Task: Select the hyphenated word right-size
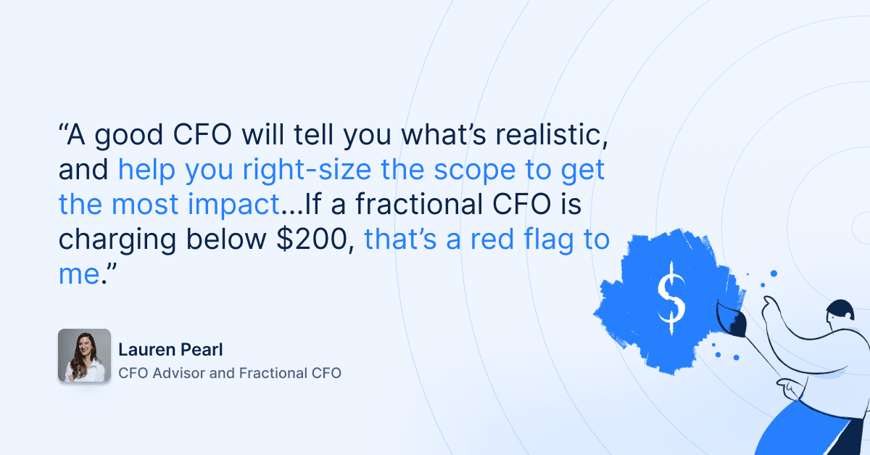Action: pos(307,170)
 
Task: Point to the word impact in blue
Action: pos(233,205)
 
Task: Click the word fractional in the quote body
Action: pos(419,204)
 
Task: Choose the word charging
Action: pos(117,240)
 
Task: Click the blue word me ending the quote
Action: pos(79,275)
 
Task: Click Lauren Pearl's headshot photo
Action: pos(85,356)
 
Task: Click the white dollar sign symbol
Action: pos(671,298)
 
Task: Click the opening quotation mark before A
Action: pos(62,128)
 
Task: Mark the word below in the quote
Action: pos(226,239)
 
